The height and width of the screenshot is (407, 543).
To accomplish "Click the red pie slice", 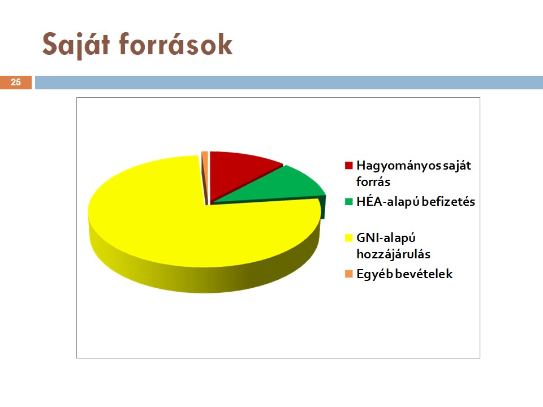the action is (239, 173).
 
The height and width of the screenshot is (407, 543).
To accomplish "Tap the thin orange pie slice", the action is (205, 173).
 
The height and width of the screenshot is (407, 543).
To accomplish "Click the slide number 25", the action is (16, 83).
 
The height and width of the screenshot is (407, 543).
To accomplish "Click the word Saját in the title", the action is (76, 44).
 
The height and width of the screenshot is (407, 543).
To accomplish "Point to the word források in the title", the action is (175, 44).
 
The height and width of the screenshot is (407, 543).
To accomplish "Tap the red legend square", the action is (349, 166).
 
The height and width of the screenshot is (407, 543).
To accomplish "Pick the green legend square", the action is (349, 201).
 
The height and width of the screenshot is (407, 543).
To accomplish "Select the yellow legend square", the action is (349, 238).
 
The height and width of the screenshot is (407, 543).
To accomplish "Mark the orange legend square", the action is (349, 274).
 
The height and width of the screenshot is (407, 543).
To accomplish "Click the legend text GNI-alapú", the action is (386, 238).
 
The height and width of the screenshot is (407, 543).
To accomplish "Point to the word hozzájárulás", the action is (394, 254).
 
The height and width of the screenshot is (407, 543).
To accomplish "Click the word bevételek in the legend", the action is (424, 274).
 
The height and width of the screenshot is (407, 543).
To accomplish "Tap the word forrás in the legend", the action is (373, 181).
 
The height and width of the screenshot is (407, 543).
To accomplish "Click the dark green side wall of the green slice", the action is (323, 207).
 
